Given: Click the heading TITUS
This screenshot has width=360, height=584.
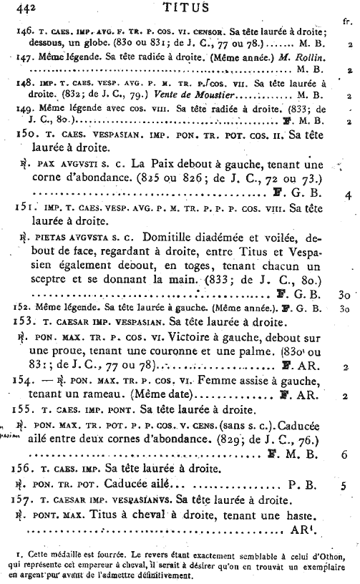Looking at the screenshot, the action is point(185,8).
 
